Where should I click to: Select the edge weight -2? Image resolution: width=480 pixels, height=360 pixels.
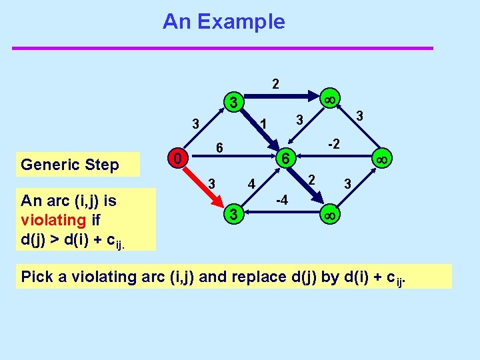point(334,144)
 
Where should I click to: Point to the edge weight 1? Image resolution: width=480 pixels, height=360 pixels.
point(263,125)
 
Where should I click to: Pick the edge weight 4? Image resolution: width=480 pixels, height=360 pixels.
point(251,183)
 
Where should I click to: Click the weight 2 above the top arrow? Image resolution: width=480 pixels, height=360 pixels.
point(275,84)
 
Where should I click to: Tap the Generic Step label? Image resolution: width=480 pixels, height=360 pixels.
point(69,165)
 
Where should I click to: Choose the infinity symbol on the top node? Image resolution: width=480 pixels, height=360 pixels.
point(327,99)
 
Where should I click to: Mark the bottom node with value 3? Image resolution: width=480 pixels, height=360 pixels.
point(233,215)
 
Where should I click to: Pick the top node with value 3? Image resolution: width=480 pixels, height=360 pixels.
point(233,103)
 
